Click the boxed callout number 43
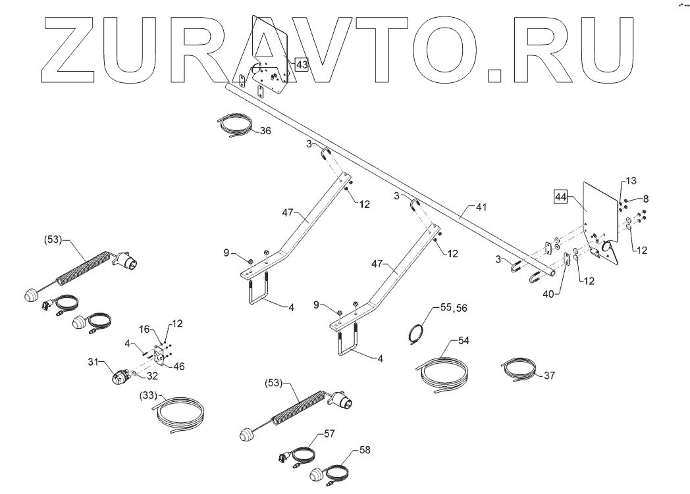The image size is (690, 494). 302,64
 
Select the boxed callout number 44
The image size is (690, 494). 561,196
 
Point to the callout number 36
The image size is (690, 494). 265,131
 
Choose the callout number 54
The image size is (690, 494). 465,341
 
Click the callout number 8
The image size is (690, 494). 645,197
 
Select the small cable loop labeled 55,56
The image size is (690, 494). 415,333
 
